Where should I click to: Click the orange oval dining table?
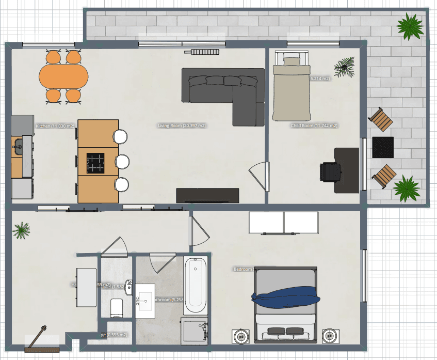(64, 76)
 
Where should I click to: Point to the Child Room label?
(314, 126)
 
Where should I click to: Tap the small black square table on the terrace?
(383, 147)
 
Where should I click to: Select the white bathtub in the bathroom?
(195, 285)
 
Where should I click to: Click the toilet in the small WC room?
(117, 307)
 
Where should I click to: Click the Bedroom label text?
(242, 269)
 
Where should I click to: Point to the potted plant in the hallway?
(22, 230)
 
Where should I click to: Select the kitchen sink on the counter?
(18, 146)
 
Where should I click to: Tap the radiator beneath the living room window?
(205, 52)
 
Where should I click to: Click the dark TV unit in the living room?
(207, 195)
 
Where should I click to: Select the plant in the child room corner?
(345, 66)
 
